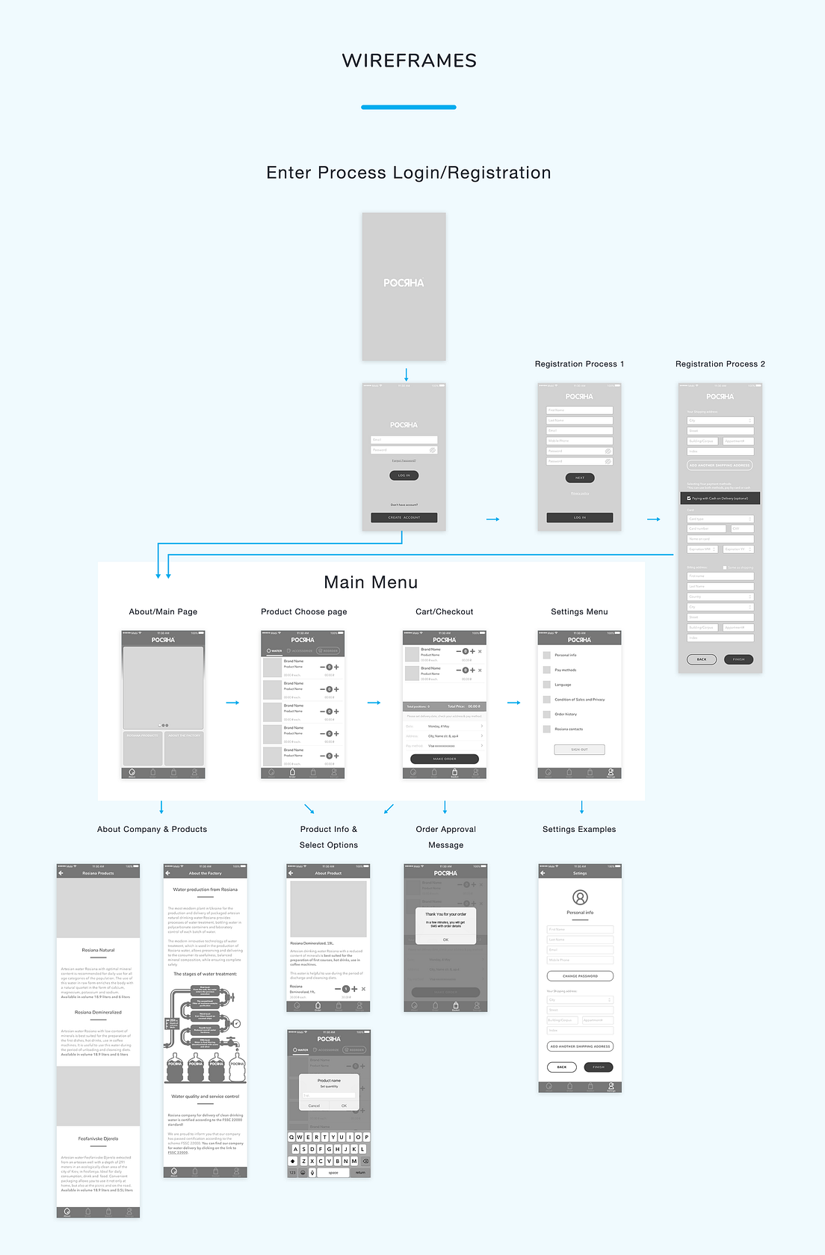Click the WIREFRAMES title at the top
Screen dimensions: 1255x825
[410, 61]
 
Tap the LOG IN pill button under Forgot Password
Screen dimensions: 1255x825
[404, 475]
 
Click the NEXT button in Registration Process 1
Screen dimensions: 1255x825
[580, 478]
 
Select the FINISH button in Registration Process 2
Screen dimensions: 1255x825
[738, 659]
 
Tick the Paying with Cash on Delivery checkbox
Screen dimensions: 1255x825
[689, 499]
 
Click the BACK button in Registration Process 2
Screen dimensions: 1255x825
[702, 659]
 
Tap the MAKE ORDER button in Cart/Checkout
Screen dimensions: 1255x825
[445, 759]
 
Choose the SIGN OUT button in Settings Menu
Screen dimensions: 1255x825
[579, 749]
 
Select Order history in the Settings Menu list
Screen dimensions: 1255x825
[566, 715]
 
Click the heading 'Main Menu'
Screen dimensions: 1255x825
[371, 582]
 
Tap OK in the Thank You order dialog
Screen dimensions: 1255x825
[445, 940]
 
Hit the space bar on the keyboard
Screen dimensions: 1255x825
[333, 1173]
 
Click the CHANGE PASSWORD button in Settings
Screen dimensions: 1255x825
[580, 976]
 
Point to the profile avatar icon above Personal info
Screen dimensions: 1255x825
[580, 897]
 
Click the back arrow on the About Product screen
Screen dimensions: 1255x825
[291, 873]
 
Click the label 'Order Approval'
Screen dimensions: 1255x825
[445, 830]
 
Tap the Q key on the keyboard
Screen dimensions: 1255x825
[291, 1137]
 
